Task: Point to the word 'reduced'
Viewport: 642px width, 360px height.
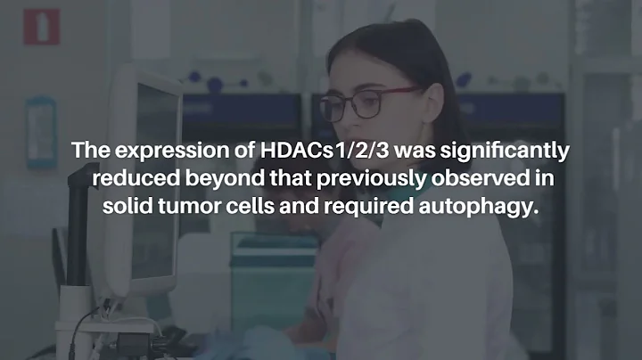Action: click(129, 179)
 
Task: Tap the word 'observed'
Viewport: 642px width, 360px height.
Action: click(481, 179)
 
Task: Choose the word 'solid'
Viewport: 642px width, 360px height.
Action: click(127, 209)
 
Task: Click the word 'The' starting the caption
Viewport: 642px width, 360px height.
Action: click(89, 150)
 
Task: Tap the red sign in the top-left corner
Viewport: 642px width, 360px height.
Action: click(41, 26)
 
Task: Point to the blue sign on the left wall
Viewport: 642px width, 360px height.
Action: click(40, 131)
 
